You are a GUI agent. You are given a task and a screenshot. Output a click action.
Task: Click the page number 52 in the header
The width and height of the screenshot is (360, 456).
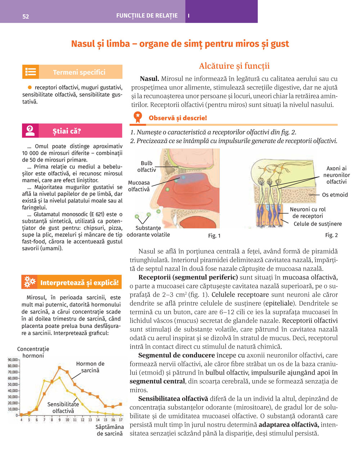[x=26, y=16]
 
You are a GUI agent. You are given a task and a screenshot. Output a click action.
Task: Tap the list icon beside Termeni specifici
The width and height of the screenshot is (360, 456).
[x=30, y=72]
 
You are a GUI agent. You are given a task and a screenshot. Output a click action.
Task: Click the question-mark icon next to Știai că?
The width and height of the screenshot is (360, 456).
[x=30, y=131]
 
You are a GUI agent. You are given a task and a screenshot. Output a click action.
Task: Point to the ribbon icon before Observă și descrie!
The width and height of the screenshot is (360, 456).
[x=138, y=118]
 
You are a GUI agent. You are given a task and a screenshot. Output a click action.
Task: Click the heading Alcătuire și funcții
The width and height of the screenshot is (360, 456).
[x=234, y=66]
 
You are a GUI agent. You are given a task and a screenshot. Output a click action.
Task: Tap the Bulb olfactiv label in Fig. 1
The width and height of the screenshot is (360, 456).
[x=147, y=167]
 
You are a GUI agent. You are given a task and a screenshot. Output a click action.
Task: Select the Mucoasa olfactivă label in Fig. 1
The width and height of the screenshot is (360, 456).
[x=139, y=186]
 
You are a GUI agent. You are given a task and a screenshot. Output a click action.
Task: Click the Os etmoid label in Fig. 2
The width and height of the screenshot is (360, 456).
[x=335, y=195]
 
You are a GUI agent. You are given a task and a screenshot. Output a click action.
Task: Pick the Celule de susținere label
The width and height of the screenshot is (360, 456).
[x=318, y=224]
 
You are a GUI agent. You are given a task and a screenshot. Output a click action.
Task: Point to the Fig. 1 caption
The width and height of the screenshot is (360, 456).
[x=214, y=236]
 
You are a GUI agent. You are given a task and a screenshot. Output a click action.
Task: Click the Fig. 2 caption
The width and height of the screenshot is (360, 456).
[x=331, y=235]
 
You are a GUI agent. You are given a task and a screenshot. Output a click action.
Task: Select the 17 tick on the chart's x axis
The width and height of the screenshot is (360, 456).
[x=121, y=420]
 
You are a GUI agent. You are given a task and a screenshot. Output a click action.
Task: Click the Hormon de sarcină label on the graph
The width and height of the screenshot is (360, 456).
[x=90, y=367]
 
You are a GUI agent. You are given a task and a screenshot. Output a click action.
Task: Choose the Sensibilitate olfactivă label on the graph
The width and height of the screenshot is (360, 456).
[x=63, y=408]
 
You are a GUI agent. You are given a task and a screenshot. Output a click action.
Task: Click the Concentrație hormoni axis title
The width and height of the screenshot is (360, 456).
[x=33, y=352]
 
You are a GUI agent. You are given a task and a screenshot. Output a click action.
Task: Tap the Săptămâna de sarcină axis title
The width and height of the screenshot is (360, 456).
[x=110, y=430]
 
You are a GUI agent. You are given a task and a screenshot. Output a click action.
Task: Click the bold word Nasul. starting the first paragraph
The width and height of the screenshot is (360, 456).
[x=149, y=79]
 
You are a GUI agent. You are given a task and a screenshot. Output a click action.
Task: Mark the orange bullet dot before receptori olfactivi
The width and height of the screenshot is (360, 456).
[x=30, y=87]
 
